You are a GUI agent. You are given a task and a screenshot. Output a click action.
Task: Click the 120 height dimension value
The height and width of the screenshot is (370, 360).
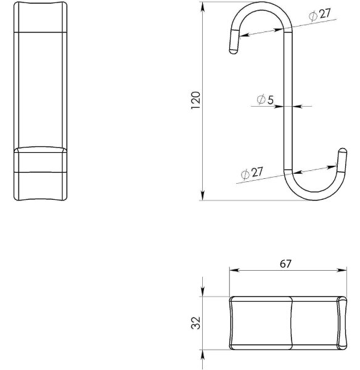coord(195,100)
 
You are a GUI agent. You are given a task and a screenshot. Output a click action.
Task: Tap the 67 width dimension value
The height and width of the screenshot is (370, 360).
coord(285,263)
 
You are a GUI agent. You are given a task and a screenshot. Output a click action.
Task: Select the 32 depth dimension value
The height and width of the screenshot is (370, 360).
coord(195,323)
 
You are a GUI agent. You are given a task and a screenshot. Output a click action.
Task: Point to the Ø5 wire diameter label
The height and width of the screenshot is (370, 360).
coord(265,99)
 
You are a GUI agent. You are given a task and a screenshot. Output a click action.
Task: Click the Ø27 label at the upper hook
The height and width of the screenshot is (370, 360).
coord(320,14)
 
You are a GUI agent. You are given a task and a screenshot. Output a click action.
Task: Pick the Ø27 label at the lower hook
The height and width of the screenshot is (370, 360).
coord(252,173)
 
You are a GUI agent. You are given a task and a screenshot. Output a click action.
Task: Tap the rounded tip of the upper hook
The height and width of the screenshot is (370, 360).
coord(234,51)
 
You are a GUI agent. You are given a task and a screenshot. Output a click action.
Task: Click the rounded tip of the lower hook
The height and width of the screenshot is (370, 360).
coord(343,150)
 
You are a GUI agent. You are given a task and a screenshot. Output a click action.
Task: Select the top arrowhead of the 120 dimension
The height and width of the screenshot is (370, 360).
coord(202,7)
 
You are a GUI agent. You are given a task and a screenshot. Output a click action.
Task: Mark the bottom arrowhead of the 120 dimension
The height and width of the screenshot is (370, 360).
coord(202,195)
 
